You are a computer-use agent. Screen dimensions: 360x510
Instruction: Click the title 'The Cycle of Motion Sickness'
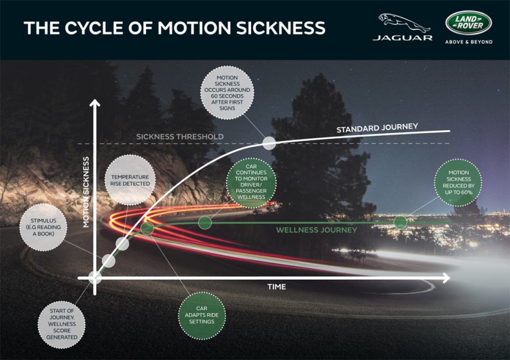[174, 28]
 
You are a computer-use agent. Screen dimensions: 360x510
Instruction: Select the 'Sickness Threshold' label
[179, 136]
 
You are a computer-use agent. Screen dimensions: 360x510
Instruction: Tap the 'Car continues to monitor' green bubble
[252, 180]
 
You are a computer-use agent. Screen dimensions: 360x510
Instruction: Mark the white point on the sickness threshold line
[269, 144]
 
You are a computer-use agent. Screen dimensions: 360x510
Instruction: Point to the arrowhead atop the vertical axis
[94, 103]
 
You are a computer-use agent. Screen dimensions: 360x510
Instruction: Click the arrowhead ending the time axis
[447, 278]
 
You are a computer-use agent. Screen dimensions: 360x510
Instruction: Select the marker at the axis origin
[95, 277]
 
